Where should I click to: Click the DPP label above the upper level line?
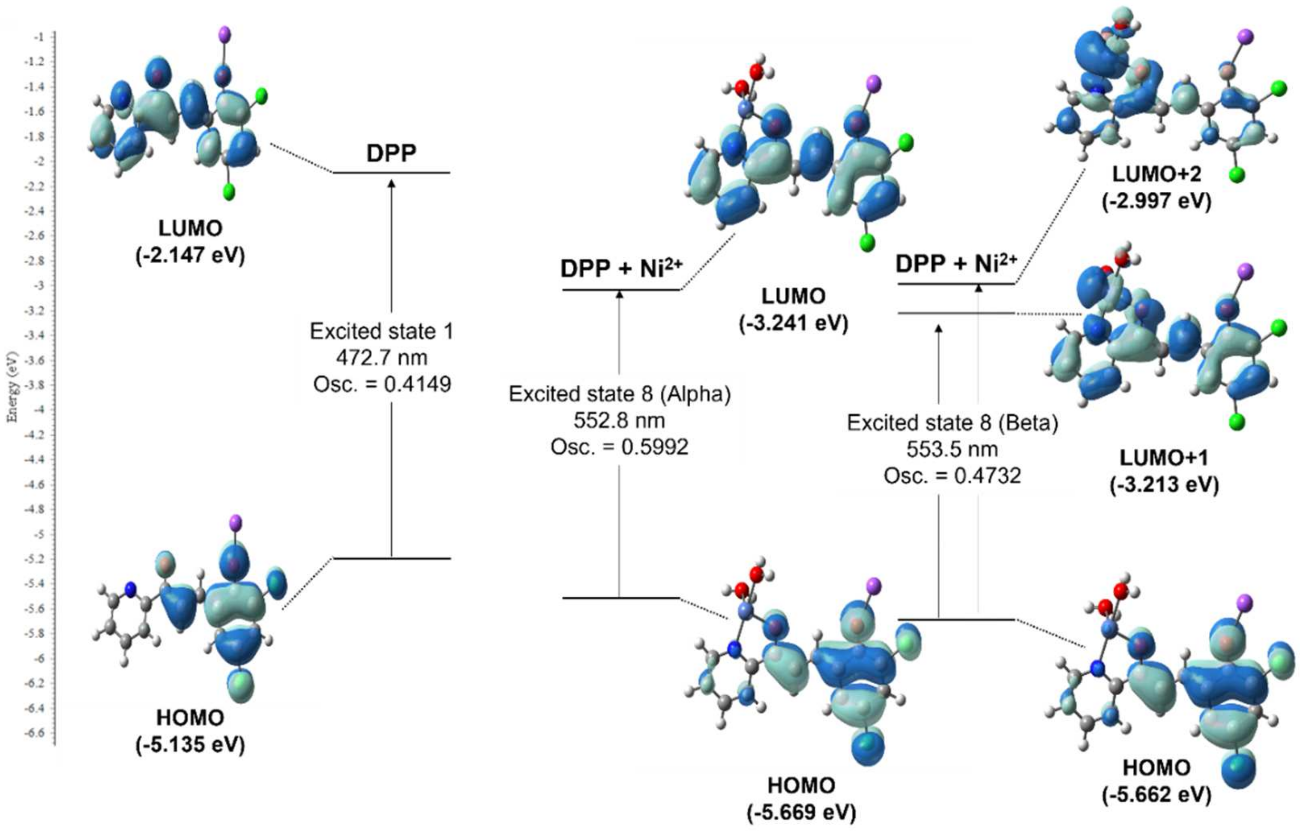point(391,154)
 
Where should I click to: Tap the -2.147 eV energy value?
point(190,255)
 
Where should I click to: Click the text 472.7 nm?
point(381,358)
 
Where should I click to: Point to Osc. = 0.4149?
point(382,384)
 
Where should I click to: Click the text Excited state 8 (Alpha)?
point(620,394)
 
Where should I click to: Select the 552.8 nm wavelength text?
point(619,420)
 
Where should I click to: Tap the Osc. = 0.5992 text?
point(619,447)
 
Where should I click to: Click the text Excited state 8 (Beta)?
point(952,423)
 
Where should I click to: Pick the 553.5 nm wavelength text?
point(952,450)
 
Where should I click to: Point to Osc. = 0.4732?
point(952,476)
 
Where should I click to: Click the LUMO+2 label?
point(1156,174)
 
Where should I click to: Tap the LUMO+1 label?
point(1163,458)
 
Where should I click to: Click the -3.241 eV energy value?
point(794,323)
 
